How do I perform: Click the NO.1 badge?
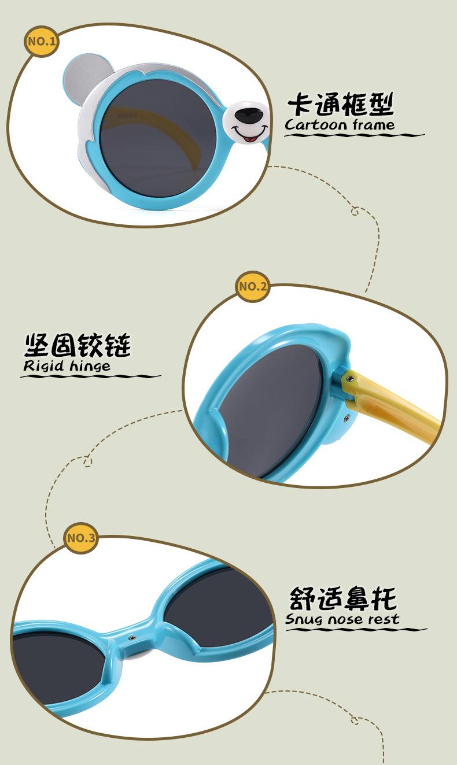click(41, 41)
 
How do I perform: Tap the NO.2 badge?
click(253, 286)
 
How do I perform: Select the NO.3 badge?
click(80, 538)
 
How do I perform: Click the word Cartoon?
click(316, 125)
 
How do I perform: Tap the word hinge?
click(89, 366)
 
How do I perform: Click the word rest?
click(380, 619)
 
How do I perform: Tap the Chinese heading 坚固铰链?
click(77, 345)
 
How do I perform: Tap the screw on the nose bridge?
click(132, 635)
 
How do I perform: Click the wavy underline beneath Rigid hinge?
click(90, 376)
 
